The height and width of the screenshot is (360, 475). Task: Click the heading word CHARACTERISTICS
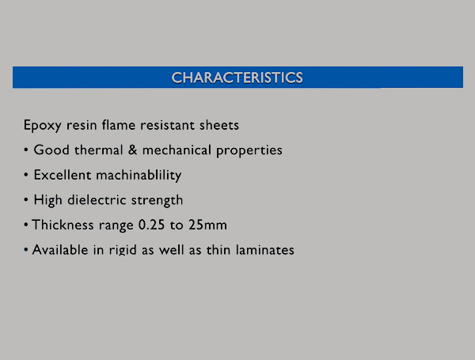coord(237,78)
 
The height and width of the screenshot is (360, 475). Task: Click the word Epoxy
coord(43,126)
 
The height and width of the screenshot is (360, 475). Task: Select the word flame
coord(119,125)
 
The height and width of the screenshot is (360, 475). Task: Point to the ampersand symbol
coord(132,150)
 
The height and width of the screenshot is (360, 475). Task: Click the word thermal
coord(99,150)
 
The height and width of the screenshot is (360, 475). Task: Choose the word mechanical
coord(177,150)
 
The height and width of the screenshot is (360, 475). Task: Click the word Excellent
coord(62,175)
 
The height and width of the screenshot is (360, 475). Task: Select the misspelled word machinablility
coord(139,176)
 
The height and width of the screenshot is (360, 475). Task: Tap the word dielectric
coord(97,200)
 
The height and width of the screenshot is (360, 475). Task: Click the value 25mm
coord(207,225)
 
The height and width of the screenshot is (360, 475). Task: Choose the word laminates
coord(264,250)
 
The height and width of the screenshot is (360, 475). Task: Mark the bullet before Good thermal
coord(26,150)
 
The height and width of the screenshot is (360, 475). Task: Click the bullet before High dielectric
coord(26,200)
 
